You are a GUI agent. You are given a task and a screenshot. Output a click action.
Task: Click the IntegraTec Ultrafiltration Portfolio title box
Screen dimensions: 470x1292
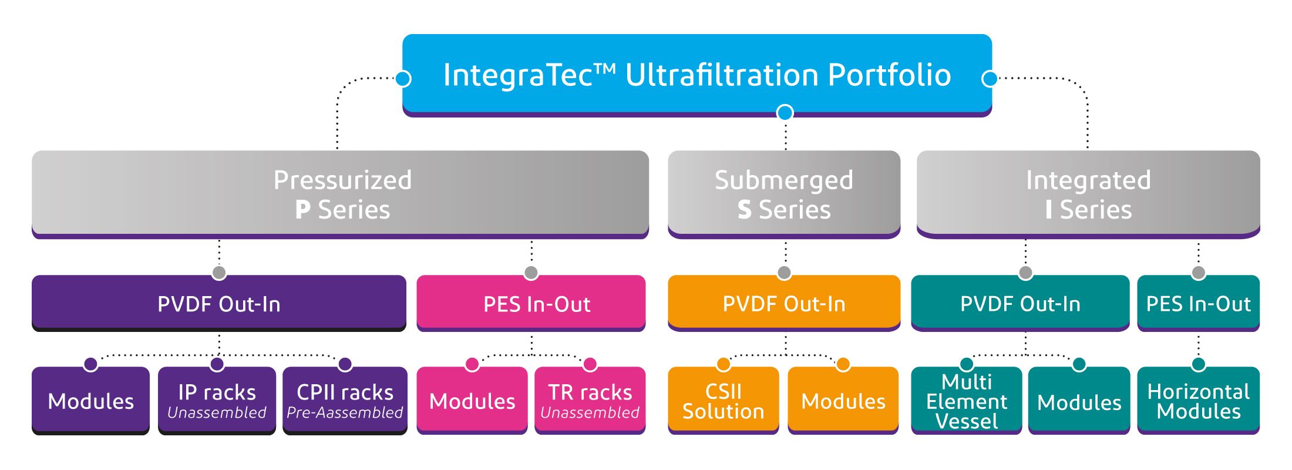pos(697,75)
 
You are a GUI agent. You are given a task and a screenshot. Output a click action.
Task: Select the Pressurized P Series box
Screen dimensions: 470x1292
pos(341,194)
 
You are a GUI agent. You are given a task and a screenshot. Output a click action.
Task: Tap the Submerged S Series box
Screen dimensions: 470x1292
pos(784,194)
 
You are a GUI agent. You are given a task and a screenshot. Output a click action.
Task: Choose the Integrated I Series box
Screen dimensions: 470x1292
pos(1088,194)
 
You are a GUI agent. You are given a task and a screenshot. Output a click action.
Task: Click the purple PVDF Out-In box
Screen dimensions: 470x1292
pos(219,303)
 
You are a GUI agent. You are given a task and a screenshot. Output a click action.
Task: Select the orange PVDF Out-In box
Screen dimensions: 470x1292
pos(784,303)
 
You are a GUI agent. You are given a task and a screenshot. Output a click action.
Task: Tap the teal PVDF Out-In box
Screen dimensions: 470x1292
pos(1020,303)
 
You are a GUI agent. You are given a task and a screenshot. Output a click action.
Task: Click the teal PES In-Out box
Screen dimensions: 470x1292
pos(1199,303)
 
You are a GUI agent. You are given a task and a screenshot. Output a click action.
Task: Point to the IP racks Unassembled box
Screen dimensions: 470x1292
pos(217,401)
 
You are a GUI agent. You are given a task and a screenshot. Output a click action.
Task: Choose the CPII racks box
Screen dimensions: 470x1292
pos(345,401)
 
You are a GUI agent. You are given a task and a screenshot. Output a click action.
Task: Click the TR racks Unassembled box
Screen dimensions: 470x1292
pos(590,401)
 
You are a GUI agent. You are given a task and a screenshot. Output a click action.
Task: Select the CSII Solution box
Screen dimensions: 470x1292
pos(724,401)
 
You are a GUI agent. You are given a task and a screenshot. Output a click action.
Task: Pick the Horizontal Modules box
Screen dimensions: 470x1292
pos(1199,401)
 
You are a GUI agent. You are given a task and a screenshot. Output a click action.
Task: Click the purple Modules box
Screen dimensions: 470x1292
pos(91,401)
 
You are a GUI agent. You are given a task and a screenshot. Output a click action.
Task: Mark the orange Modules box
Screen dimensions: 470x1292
pos(843,401)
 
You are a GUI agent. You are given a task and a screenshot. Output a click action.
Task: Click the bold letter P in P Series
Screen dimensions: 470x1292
pos(302,210)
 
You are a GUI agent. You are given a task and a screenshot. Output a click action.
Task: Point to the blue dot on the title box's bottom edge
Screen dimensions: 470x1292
pos(785,112)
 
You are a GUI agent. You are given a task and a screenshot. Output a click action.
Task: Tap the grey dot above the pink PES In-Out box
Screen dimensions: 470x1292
pos(531,273)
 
